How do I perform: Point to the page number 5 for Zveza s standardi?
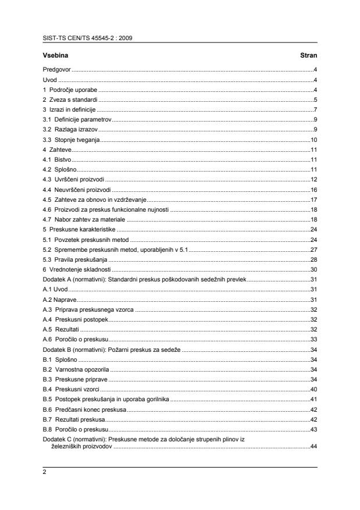(315, 99)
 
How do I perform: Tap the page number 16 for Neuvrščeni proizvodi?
(313, 190)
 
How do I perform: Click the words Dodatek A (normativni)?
(74, 280)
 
